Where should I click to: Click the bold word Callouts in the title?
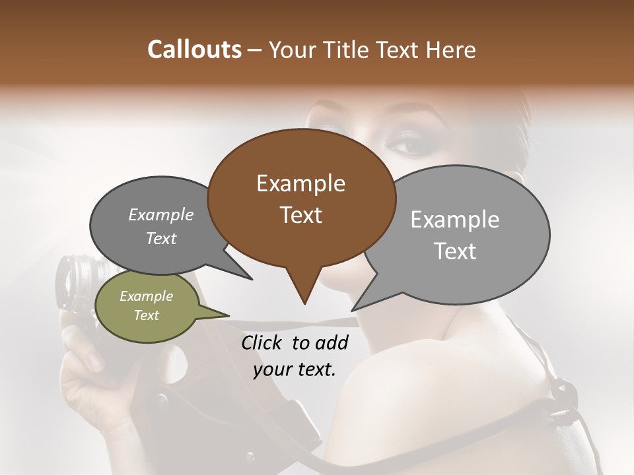point(194,50)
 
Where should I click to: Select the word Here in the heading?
point(452,50)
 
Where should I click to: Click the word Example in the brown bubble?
point(300,183)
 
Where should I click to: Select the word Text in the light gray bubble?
point(456,251)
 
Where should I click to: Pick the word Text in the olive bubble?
point(146,315)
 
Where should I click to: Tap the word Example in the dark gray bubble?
point(160,214)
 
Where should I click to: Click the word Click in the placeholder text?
point(263,342)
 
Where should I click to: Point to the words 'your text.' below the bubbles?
point(295,369)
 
